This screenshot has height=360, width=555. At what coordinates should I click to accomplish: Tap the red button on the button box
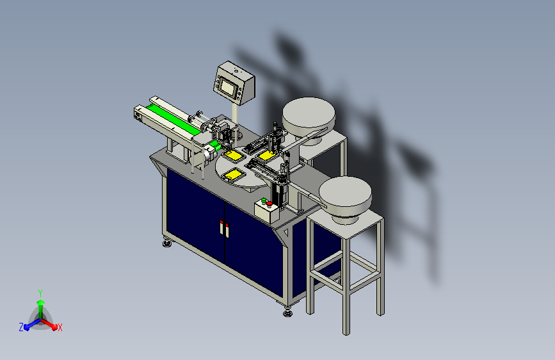tap(269, 204)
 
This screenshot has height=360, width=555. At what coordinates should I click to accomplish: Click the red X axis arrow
tap(49, 324)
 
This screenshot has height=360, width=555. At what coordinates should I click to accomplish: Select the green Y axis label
tap(40, 293)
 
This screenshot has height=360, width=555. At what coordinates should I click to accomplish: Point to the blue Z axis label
tap(21, 327)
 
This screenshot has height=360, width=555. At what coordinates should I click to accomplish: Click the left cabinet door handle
tap(221, 227)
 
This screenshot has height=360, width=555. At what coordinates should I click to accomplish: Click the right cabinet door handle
tap(227, 231)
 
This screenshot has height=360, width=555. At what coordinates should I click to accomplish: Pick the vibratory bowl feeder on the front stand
tap(345, 199)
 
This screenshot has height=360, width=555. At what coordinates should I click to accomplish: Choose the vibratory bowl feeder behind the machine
tap(309, 119)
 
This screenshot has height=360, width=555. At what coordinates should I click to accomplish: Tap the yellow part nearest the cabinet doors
tap(234, 174)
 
